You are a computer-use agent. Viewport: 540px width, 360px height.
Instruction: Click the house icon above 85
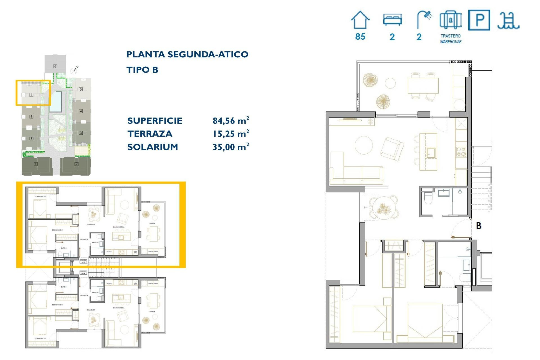[360, 20]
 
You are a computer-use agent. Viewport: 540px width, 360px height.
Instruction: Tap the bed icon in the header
[392, 20]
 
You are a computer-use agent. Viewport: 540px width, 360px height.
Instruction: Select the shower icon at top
[424, 19]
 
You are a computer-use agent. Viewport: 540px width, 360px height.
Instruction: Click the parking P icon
[479, 20]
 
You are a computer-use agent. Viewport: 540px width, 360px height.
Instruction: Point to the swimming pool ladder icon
[508, 21]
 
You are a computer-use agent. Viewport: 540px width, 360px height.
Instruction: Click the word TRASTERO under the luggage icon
[451, 36]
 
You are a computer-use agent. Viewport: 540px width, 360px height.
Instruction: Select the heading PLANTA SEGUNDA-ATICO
[187, 54]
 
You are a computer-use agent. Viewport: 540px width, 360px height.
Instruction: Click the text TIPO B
[142, 70]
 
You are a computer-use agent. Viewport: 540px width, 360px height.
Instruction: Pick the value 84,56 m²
[231, 121]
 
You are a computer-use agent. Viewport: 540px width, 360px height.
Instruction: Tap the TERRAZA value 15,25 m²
[231, 134]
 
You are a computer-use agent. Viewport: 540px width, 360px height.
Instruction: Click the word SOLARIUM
[153, 147]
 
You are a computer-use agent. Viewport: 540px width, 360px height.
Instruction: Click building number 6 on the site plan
[55, 66]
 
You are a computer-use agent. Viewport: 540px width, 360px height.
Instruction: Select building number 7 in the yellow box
[31, 95]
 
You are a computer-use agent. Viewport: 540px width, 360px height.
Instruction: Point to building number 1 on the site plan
[36, 164]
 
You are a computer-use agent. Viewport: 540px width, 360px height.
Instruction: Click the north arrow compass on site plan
[74, 70]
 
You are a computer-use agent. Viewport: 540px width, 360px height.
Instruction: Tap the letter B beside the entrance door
[478, 226]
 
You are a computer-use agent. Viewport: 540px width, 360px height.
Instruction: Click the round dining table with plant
[384, 208]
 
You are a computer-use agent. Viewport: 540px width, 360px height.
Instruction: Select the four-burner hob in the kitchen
[461, 152]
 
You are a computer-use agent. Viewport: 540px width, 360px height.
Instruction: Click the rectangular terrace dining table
[423, 85]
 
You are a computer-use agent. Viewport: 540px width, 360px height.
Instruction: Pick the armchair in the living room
[392, 149]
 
